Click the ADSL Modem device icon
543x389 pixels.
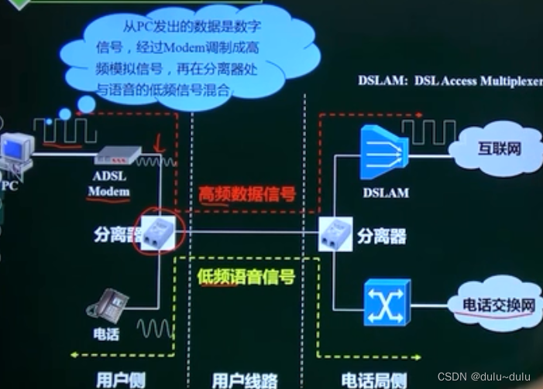117,157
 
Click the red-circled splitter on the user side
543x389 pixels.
156,228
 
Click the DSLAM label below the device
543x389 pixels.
385,192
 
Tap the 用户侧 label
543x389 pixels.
117,380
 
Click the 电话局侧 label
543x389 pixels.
373,380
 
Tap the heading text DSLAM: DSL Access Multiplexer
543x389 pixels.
450,80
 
